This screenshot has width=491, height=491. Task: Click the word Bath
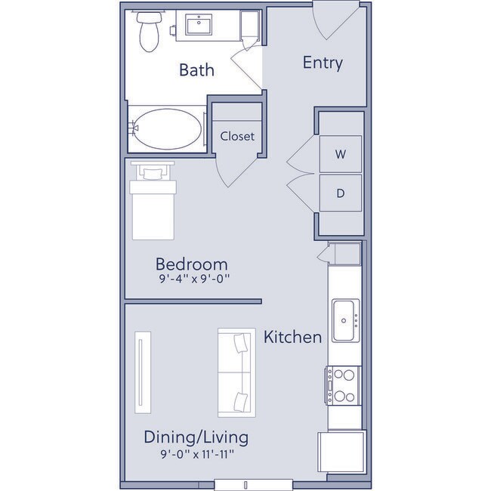point(196,70)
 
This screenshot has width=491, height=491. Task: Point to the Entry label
point(323,63)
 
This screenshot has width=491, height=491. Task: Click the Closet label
point(237,137)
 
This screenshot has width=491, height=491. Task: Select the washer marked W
point(340,155)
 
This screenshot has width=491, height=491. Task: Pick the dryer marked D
point(340,193)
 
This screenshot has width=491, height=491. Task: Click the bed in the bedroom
point(153,204)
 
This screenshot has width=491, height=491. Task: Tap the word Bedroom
point(192,264)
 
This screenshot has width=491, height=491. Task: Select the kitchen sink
point(346,320)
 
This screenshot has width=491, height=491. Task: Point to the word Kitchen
point(292,337)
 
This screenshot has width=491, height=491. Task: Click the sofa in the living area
point(235,372)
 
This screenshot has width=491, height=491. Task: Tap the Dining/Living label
point(196,437)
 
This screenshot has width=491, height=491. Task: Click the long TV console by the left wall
point(142,373)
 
